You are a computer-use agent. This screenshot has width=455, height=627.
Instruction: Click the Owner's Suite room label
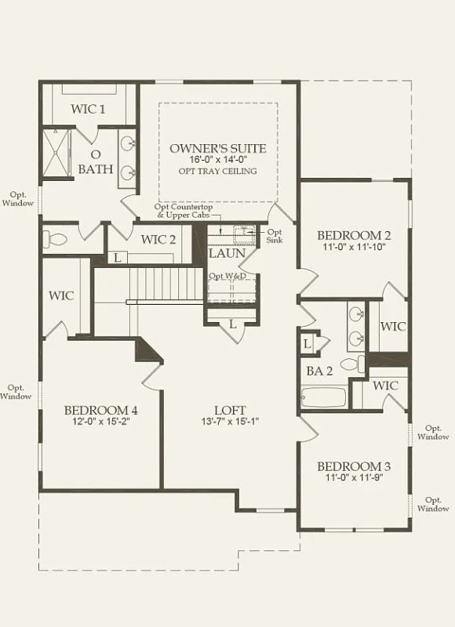tap(218, 149)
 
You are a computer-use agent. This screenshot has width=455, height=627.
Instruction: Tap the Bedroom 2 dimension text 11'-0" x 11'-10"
tap(354, 247)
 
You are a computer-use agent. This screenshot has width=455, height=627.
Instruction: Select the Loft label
tap(230, 410)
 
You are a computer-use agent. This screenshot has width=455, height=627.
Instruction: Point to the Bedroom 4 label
tap(101, 410)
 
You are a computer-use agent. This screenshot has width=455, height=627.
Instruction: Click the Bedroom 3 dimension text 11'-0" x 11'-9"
tap(354, 477)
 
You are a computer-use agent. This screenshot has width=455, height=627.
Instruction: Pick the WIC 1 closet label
tap(88, 109)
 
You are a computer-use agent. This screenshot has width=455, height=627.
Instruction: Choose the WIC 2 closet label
tap(158, 240)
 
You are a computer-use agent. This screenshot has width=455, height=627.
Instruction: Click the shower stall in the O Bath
tap(56, 152)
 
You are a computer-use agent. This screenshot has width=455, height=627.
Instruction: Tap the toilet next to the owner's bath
tap(54, 240)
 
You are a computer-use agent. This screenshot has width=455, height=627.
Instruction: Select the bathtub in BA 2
tap(323, 397)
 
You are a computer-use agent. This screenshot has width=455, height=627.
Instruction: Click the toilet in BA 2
tap(352, 364)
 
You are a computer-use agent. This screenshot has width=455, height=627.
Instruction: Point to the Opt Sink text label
tap(274, 236)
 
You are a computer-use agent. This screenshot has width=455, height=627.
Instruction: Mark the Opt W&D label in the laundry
tap(227, 277)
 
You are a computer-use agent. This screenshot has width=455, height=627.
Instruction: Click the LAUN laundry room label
tap(227, 253)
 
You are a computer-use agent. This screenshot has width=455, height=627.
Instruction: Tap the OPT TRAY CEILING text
tap(217, 171)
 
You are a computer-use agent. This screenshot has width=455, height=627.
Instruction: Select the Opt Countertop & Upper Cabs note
tap(184, 211)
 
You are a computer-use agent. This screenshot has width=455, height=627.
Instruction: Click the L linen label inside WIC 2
tap(117, 258)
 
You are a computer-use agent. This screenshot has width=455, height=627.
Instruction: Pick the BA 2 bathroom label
tap(319, 371)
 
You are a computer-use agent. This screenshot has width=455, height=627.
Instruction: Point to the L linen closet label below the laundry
tap(232, 324)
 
